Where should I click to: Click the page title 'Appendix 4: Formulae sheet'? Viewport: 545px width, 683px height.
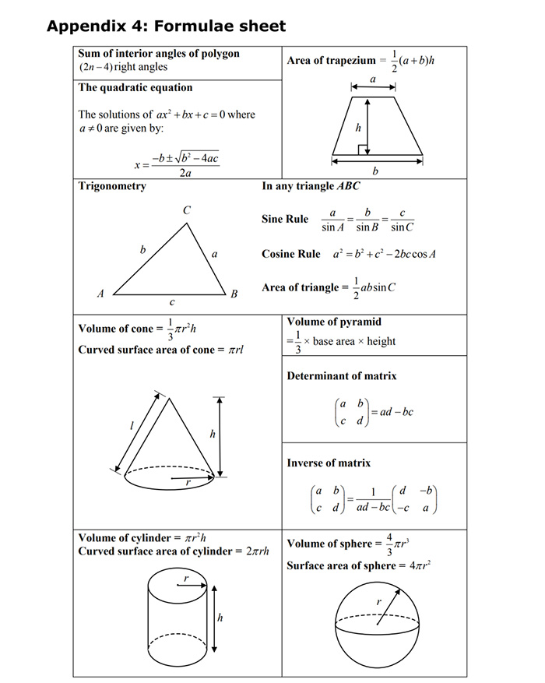[166, 26]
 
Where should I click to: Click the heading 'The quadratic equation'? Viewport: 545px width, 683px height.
[135, 87]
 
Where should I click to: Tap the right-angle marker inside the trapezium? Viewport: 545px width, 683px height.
[362, 149]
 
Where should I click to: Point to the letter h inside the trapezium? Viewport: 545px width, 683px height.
[357, 126]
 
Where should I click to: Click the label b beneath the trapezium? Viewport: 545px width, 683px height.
[376, 171]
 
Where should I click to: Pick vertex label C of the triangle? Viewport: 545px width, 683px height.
[187, 210]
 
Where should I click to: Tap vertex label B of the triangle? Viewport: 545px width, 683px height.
[233, 294]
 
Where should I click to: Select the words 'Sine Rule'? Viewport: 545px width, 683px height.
[285, 220]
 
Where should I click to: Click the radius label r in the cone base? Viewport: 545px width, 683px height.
[188, 483]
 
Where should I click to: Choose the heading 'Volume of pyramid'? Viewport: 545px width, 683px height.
[334, 322]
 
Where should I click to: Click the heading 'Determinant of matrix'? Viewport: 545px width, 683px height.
[341, 376]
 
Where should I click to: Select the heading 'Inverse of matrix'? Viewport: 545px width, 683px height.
[329, 463]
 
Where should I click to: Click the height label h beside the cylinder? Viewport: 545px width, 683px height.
[220, 618]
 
